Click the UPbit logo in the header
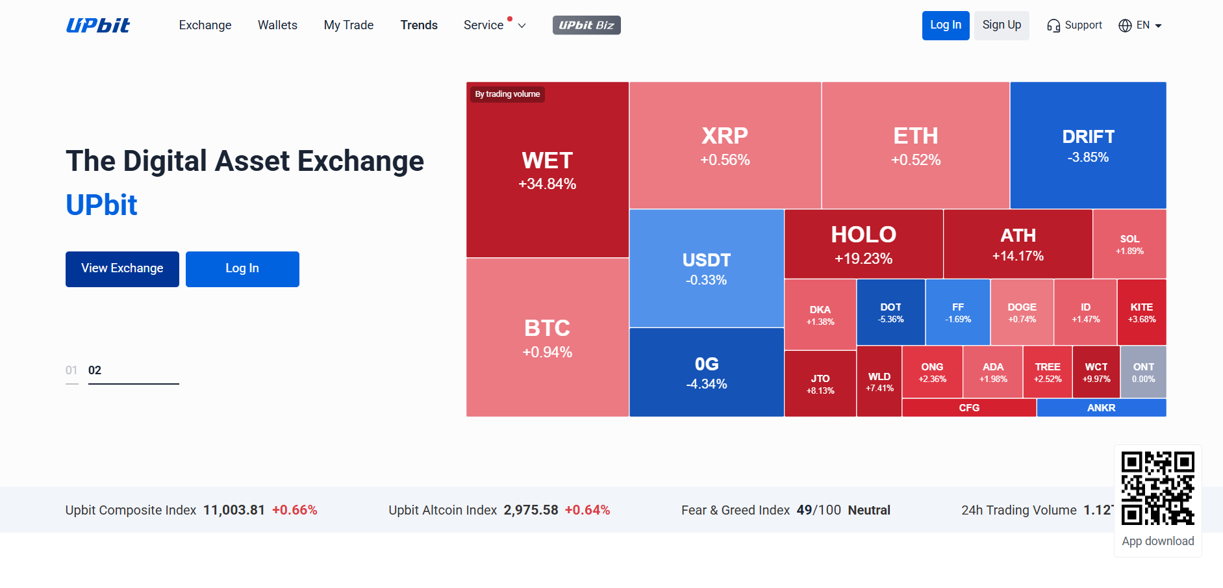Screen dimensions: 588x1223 tap(98, 25)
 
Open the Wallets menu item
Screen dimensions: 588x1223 tap(277, 25)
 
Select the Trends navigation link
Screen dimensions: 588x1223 tap(419, 25)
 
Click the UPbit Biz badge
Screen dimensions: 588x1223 tap(586, 25)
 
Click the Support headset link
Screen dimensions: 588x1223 tap(1074, 25)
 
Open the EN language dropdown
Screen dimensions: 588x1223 tap(1140, 25)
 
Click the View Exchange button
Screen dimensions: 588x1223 tap(122, 269)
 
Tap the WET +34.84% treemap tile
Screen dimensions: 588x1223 tap(547, 170)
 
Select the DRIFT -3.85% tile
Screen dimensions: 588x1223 tap(1088, 146)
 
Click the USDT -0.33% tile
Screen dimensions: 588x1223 tap(706, 268)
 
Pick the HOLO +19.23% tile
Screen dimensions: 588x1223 tap(863, 244)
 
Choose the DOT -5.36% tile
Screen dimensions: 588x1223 tap(890, 313)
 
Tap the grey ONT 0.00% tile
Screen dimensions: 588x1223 tap(1143, 372)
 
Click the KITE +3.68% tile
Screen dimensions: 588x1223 tap(1141, 313)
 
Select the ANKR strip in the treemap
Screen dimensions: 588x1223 tap(1101, 408)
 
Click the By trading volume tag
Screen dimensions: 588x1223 tap(507, 94)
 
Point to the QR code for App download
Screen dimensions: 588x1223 tap(1157, 488)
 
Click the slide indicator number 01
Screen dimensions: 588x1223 tap(71, 370)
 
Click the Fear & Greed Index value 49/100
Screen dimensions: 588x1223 tap(818, 510)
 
